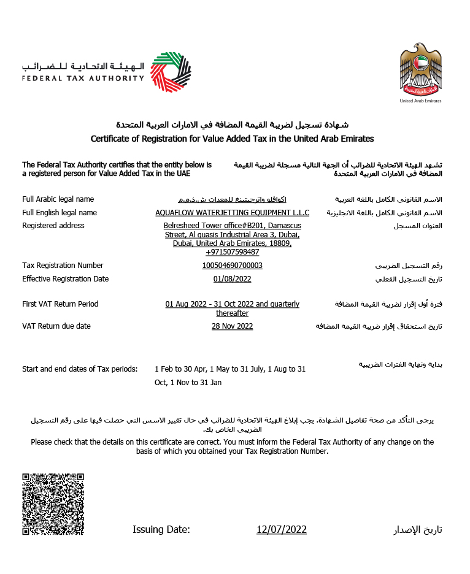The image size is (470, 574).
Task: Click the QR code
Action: [x=53, y=504]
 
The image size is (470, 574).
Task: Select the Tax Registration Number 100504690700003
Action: [x=233, y=266]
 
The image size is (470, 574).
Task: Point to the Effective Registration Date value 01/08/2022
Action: [x=233, y=279]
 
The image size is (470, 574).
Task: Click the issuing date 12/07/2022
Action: [x=282, y=529]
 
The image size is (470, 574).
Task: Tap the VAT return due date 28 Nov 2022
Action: [x=233, y=326]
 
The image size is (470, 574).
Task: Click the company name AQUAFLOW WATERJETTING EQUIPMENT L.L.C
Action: [x=233, y=213]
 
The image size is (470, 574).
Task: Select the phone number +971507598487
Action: [x=233, y=252]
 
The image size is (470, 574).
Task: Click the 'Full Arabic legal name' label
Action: [x=58, y=199]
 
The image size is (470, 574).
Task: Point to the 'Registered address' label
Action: [x=53, y=226]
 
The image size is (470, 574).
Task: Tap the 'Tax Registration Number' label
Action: [x=63, y=266]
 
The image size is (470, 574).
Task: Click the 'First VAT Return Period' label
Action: [x=60, y=304]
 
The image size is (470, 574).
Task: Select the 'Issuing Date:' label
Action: [x=161, y=529]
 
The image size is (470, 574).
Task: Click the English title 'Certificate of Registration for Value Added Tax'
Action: [x=232, y=139]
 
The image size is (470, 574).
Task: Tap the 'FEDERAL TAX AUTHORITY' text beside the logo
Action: [x=83, y=78]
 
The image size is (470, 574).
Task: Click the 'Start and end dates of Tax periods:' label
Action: [x=80, y=369]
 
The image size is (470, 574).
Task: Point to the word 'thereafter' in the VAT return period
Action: [x=233, y=313]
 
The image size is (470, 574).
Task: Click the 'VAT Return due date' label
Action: [x=56, y=326]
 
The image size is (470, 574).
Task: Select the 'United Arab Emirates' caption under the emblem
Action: [x=420, y=101]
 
